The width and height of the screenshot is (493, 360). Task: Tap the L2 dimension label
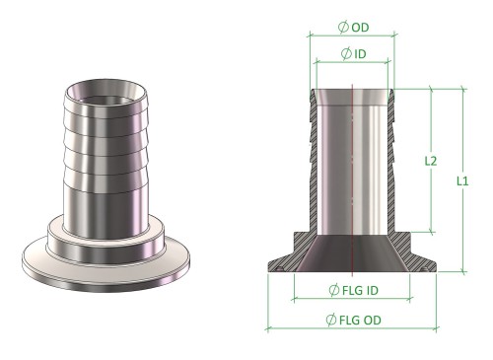point(431,161)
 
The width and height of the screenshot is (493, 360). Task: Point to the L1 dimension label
point(462,181)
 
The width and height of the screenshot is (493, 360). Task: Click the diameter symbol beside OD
point(343,27)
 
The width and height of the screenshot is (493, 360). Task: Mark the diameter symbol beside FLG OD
point(331,320)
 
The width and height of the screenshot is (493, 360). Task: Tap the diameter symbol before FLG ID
point(334,290)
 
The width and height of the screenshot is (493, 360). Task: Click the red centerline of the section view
point(352,180)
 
